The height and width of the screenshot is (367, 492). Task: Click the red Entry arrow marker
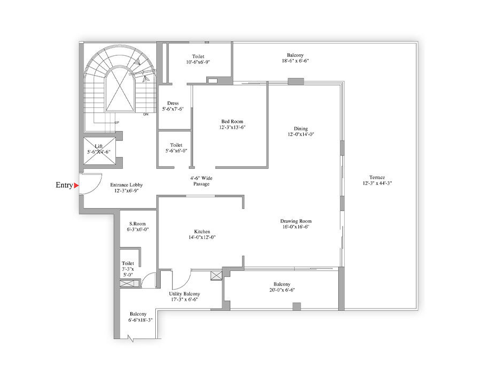(x=76, y=186)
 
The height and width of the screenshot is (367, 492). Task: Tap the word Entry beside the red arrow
(x=64, y=185)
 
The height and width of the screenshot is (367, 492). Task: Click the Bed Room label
(x=232, y=121)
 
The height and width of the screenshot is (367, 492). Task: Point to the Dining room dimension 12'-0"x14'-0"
(x=301, y=134)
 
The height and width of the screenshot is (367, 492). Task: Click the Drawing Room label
(x=296, y=221)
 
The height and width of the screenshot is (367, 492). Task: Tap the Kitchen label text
(x=202, y=231)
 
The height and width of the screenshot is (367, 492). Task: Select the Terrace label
(x=377, y=177)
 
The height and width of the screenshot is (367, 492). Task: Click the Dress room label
(x=173, y=103)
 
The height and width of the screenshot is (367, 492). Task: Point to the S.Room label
(x=137, y=223)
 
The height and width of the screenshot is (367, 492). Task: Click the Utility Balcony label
(x=185, y=294)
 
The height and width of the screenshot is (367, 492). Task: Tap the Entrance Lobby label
(x=127, y=185)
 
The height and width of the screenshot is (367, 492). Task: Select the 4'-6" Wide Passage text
(x=201, y=181)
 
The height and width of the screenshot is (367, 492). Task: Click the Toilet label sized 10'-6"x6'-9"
(x=198, y=56)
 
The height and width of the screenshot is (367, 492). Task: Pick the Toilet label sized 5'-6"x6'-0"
(x=176, y=145)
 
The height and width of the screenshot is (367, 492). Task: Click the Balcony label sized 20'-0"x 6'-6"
(x=282, y=284)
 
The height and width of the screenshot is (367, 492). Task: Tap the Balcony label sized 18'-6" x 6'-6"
(x=295, y=55)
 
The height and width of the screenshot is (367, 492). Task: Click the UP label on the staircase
(x=117, y=122)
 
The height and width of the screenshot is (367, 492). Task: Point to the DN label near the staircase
(x=146, y=114)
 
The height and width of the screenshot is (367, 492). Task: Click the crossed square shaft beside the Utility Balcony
(x=216, y=276)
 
